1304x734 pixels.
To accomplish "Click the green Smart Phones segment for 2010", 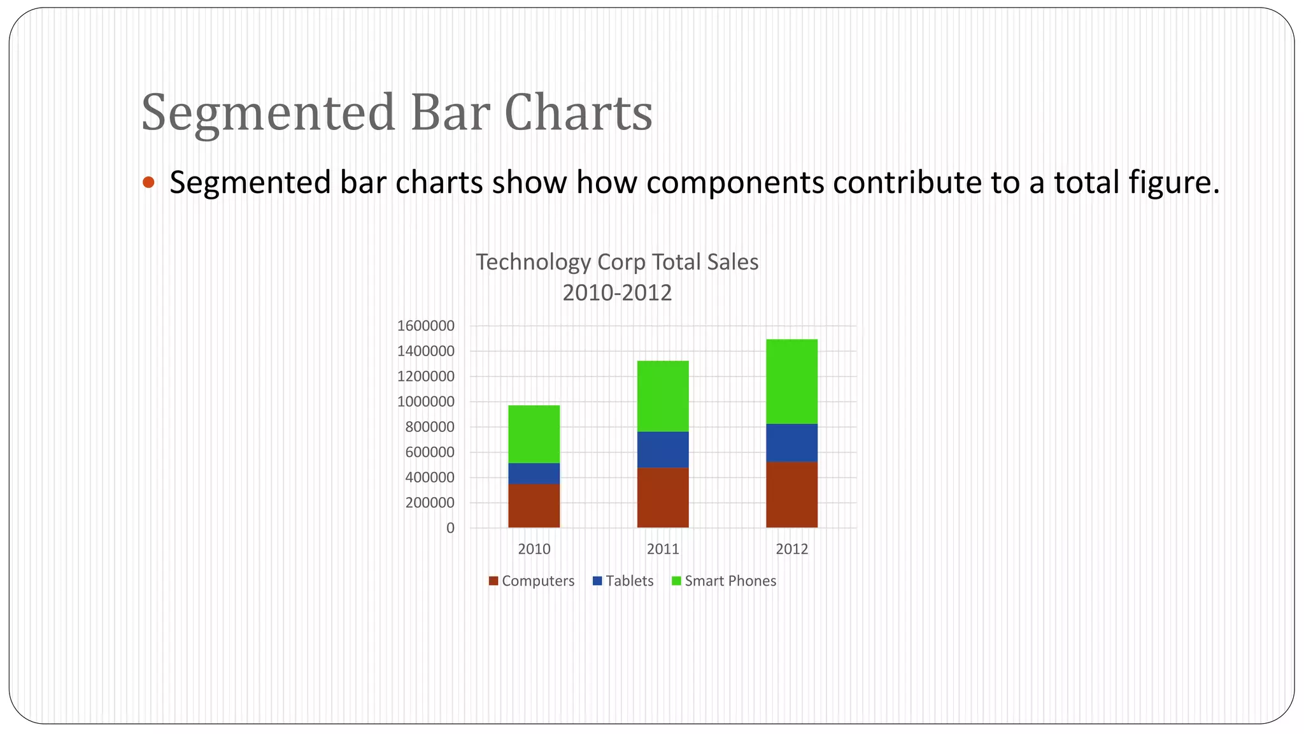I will (x=534, y=434).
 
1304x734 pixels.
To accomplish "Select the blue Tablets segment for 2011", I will (x=663, y=450).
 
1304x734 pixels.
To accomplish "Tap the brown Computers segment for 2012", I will (x=791, y=494).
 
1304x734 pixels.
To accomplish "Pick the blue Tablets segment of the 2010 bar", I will (x=534, y=473).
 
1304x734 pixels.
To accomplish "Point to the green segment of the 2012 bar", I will (x=791, y=381).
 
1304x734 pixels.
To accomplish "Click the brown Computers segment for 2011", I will (x=663, y=498).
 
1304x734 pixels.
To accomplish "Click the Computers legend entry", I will (x=532, y=581).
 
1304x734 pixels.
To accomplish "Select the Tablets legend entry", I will (x=623, y=581).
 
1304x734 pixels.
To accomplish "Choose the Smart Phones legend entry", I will (x=725, y=581).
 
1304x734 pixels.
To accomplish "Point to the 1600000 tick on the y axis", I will (x=425, y=326).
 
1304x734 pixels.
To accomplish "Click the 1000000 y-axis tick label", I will (x=425, y=402).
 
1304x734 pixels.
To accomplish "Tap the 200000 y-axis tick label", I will (x=429, y=503).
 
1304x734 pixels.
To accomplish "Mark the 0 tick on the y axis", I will (x=450, y=528).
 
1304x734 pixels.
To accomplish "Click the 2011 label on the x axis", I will (x=663, y=549).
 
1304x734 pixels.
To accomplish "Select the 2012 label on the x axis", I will (x=791, y=549).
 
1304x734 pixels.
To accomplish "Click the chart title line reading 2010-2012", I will (x=617, y=293).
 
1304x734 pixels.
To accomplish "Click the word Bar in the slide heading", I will (x=450, y=113).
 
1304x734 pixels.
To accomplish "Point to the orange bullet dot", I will (x=148, y=183).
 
